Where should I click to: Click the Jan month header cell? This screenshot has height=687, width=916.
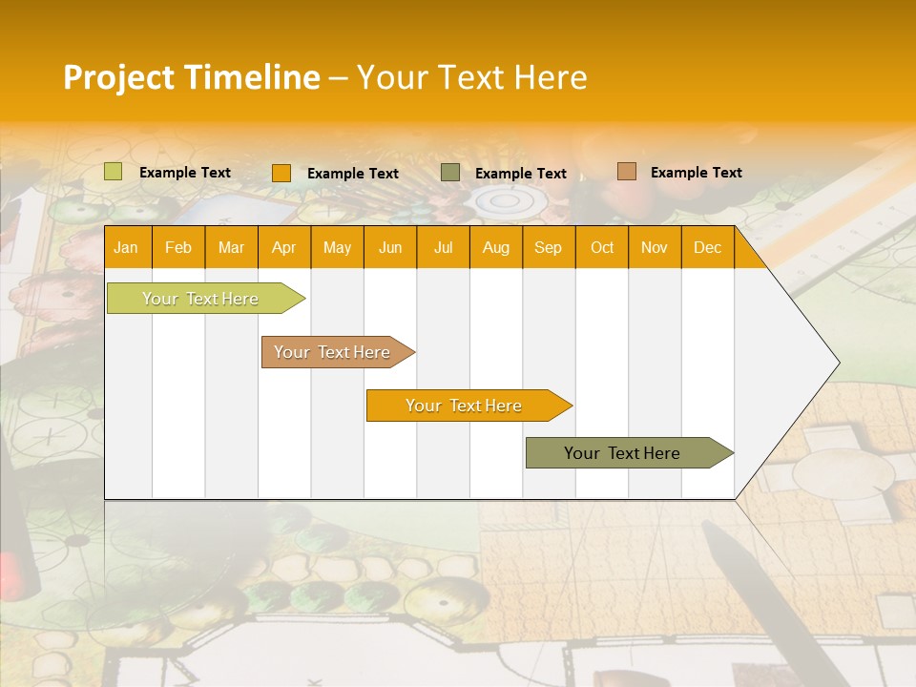[126, 248]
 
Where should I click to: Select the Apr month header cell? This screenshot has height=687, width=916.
[283, 248]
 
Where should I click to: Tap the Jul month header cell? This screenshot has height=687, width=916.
[443, 248]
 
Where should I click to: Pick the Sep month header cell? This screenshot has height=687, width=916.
[548, 248]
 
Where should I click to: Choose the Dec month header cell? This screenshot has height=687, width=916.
[707, 248]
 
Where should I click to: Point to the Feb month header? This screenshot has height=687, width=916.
[178, 248]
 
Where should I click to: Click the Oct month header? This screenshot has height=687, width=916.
[602, 248]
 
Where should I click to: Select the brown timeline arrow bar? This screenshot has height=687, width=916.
[334, 352]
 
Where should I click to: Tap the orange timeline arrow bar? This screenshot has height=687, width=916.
[465, 406]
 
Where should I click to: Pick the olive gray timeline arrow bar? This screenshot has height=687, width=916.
[624, 453]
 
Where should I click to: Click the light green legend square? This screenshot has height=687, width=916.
[114, 172]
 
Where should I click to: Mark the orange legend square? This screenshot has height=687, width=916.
[281, 173]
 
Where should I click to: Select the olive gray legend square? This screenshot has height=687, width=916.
[450, 173]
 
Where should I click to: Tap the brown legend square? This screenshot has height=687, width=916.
[627, 172]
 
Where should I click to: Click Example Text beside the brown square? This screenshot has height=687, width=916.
[696, 173]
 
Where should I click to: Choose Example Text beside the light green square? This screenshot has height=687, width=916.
[185, 173]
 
